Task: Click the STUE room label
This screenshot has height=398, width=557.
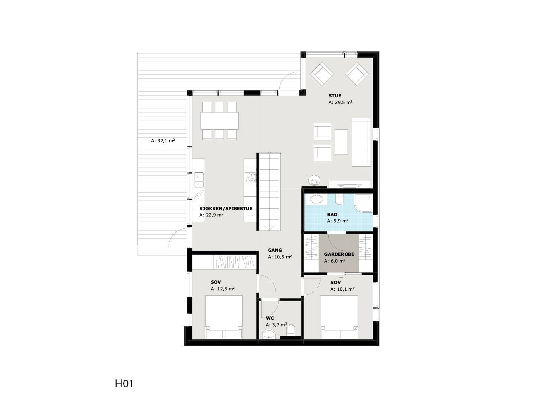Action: (x=335, y=96)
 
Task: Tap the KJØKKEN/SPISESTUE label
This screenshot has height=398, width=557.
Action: (x=226, y=209)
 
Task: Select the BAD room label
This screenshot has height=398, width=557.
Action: (x=332, y=215)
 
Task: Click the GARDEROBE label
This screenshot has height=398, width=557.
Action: (x=339, y=254)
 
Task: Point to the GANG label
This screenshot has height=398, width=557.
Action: (x=275, y=250)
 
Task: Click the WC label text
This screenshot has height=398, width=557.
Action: (x=270, y=318)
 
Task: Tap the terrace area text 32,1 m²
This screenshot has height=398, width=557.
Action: (x=163, y=141)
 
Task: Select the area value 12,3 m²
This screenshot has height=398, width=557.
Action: (x=222, y=288)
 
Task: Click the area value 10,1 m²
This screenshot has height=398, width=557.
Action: (x=342, y=289)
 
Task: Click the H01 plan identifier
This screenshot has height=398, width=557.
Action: (x=124, y=384)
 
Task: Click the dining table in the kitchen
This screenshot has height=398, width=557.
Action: (x=219, y=120)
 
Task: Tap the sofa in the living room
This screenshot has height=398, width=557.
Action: (x=361, y=142)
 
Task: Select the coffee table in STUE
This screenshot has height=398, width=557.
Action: (x=341, y=141)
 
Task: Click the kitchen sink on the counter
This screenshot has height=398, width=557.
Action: (x=199, y=180)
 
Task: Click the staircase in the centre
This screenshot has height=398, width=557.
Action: (x=270, y=193)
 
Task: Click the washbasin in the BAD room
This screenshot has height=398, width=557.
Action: (x=317, y=199)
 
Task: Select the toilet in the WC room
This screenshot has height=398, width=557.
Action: (x=291, y=330)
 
